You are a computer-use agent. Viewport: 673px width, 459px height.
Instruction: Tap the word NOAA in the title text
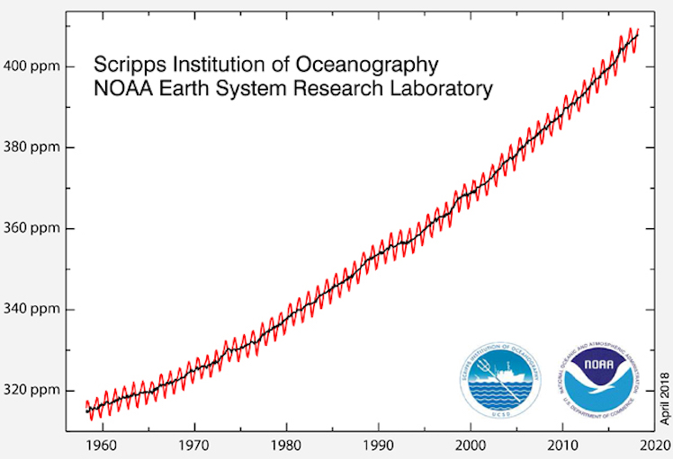(x=121, y=89)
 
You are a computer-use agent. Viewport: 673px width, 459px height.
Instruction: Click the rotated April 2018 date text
(x=666, y=395)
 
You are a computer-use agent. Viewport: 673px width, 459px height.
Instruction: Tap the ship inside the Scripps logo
(x=504, y=371)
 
